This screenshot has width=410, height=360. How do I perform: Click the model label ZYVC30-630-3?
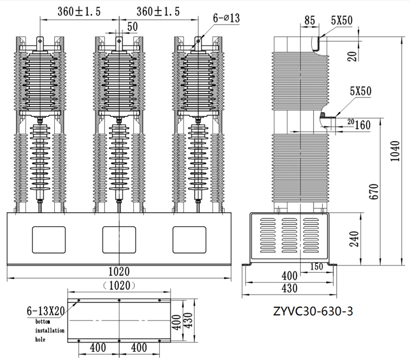(x=313, y=311)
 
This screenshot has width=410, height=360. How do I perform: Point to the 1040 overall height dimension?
(x=395, y=151)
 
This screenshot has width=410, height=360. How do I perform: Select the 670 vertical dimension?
(x=374, y=191)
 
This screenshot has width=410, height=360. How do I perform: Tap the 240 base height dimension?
(x=354, y=238)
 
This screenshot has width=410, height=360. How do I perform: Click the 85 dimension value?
(x=310, y=21)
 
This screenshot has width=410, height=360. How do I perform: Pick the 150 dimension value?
(x=317, y=267)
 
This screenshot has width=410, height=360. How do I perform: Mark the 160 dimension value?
(x=362, y=125)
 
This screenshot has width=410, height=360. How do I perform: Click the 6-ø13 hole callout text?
(x=226, y=18)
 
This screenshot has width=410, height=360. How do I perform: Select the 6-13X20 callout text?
(x=46, y=311)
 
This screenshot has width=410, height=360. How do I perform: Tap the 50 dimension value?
(x=133, y=27)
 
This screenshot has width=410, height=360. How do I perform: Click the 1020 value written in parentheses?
(x=119, y=286)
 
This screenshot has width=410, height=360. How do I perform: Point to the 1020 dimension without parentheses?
(x=119, y=272)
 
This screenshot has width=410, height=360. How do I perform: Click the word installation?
(x=50, y=330)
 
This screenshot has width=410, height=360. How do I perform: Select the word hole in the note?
(x=40, y=339)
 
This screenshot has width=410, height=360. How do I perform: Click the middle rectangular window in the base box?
(x=119, y=240)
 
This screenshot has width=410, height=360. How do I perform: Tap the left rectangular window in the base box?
(x=49, y=240)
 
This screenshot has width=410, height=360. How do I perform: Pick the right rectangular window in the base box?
(x=189, y=240)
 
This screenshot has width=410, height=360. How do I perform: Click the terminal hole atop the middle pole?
(x=119, y=41)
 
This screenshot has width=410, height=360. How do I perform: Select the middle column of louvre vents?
(x=290, y=235)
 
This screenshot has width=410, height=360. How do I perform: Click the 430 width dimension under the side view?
(x=290, y=288)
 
